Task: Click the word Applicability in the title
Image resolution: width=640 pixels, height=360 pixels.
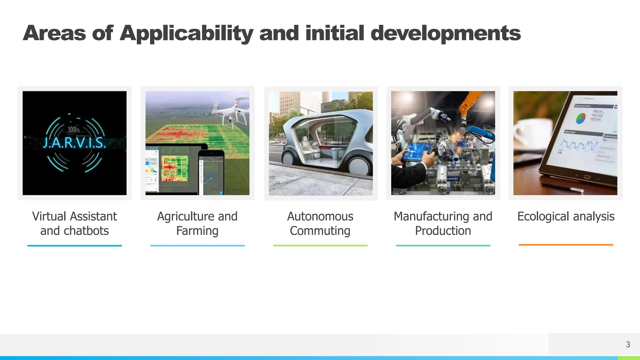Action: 186,33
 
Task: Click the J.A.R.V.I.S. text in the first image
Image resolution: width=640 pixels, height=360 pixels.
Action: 74,143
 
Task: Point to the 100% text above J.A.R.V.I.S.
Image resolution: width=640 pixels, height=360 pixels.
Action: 74,129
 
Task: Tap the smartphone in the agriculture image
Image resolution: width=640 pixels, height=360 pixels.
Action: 212,172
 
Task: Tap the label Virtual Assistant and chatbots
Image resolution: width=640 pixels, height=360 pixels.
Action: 74,223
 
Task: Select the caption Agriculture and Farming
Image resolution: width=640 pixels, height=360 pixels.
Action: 197,223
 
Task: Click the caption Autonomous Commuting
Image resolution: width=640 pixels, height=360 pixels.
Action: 320,223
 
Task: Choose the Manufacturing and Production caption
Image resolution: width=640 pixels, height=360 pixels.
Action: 443,223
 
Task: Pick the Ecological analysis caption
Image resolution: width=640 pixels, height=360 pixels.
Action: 566,216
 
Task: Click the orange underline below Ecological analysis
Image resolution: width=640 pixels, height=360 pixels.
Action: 566,245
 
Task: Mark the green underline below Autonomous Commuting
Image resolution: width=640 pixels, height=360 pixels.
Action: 320,246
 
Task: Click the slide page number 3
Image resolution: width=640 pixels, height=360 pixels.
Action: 628,344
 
